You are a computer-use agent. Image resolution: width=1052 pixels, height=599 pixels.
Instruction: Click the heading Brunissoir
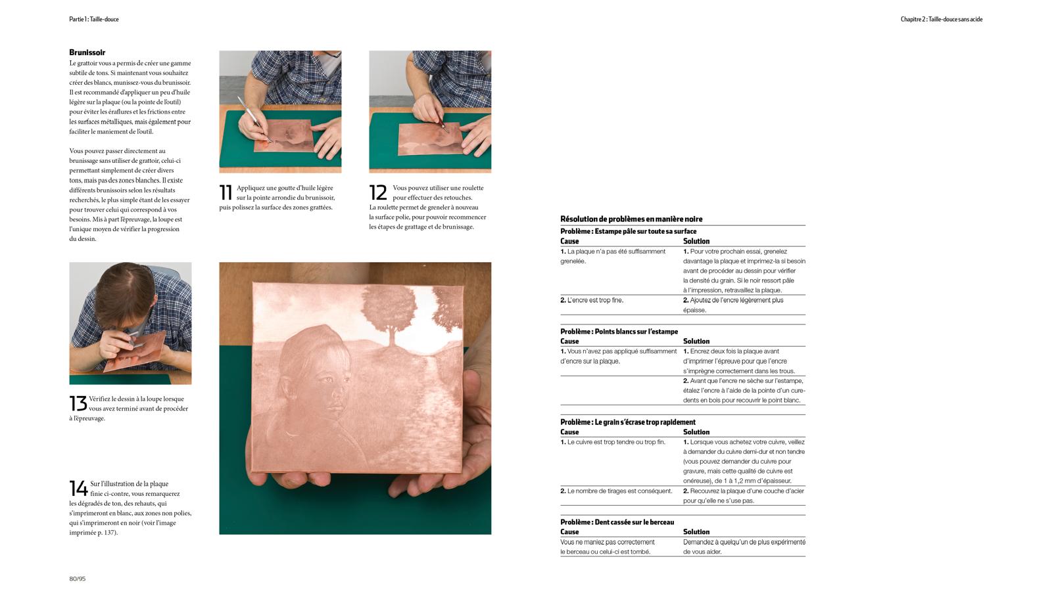[x=87, y=53]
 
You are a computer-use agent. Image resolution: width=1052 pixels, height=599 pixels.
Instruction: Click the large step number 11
[x=226, y=192]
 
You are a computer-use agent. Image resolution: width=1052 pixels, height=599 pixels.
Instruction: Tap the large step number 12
[x=378, y=192]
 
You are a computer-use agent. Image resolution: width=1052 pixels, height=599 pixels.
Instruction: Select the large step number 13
[x=78, y=403]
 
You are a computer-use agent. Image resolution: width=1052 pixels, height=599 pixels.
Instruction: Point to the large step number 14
[x=78, y=488]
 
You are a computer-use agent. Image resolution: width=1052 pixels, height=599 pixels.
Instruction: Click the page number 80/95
[x=78, y=579]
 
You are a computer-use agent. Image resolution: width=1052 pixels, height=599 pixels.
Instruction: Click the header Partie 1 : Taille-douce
[x=94, y=19]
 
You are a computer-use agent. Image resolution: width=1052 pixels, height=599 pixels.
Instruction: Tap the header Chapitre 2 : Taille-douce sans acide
[x=941, y=19]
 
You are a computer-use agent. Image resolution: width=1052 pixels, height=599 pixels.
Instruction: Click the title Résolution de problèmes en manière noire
[x=631, y=219]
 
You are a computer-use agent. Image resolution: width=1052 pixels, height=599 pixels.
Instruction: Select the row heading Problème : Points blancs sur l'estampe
[x=619, y=332]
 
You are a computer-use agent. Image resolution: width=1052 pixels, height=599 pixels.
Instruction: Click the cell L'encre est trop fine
[x=592, y=300]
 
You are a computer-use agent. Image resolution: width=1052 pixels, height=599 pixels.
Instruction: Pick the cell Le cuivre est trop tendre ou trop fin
[x=613, y=442]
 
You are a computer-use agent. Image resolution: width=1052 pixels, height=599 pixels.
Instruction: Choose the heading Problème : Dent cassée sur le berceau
[x=617, y=522]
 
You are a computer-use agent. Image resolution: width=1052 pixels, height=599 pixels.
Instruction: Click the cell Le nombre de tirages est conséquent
[x=616, y=491]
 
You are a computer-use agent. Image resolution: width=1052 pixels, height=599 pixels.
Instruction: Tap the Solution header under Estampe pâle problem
[x=696, y=241]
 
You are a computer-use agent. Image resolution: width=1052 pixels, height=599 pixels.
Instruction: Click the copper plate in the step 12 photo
[x=430, y=139]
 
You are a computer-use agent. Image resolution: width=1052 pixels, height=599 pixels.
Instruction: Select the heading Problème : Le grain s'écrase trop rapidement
[x=628, y=422]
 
